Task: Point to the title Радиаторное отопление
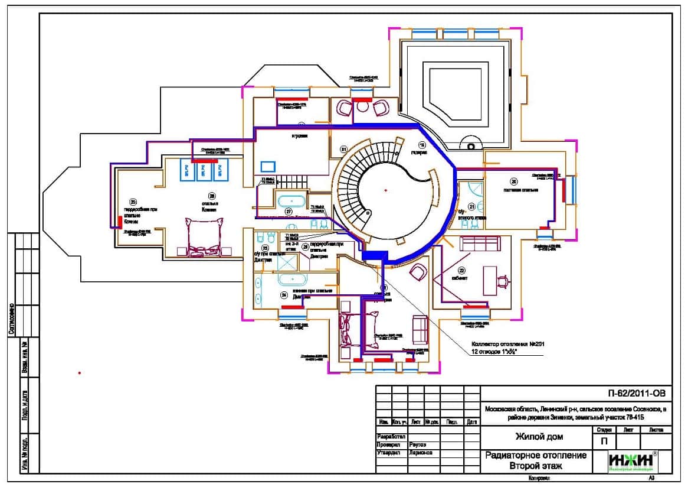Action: (x=535, y=455)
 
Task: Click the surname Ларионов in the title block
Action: (x=420, y=453)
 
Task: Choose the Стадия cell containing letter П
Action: (x=604, y=441)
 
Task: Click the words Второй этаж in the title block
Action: (x=535, y=466)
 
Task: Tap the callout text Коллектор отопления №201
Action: (x=507, y=343)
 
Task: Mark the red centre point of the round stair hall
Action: (x=385, y=190)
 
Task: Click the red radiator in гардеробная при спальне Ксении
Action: (x=119, y=222)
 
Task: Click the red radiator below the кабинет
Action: (x=475, y=307)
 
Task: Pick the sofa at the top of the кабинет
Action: (x=475, y=243)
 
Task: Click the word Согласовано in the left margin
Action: (x=11, y=319)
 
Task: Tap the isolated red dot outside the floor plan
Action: (x=79, y=373)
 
